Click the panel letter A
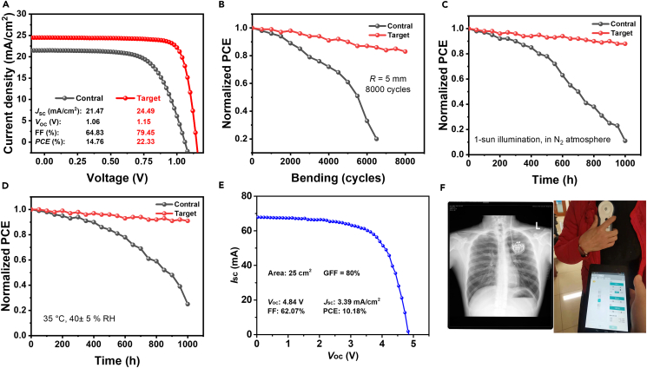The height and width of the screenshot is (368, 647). [5, 6]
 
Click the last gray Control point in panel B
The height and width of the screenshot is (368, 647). [376, 139]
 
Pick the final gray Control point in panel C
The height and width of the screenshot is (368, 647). [624, 141]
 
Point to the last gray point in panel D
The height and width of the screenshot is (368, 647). [188, 304]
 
